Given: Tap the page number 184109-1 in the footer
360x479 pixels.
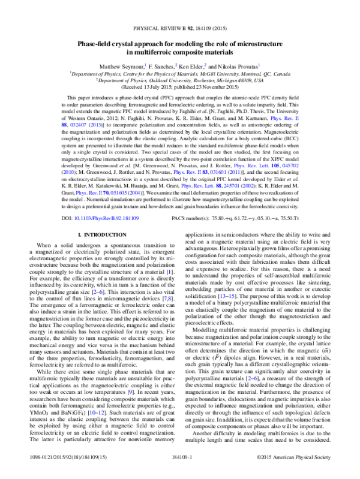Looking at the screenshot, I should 180,457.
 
